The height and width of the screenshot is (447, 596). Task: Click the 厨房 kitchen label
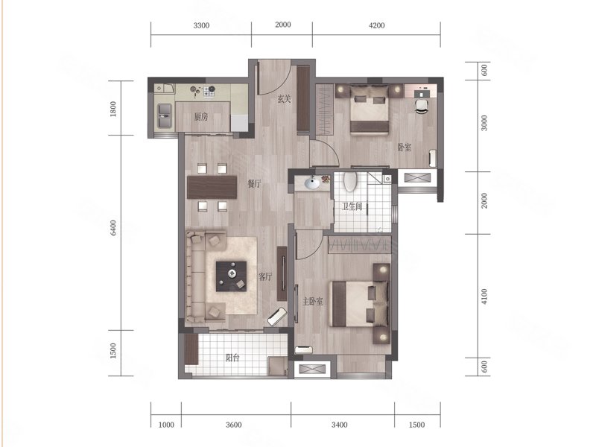[201, 117]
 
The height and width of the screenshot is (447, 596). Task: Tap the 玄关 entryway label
[284, 99]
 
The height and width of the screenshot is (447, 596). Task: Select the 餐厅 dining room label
[255, 184]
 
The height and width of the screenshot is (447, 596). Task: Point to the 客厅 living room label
[265, 276]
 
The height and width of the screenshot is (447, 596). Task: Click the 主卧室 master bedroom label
[312, 302]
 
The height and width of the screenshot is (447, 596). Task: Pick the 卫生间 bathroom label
[352, 206]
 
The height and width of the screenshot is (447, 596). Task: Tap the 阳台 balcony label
[232, 358]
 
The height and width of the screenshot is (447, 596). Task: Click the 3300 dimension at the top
[201, 25]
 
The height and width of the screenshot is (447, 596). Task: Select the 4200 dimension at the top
[376, 25]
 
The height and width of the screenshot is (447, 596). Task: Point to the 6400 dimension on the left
[113, 228]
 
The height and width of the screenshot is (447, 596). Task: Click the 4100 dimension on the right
[484, 296]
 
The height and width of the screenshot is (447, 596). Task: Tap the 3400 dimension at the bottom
[339, 425]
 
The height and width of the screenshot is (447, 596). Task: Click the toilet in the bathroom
[350, 181]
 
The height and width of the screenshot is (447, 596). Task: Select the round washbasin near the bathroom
[312, 183]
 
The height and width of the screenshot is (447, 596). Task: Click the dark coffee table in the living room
[231, 276]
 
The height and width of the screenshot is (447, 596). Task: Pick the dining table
[212, 187]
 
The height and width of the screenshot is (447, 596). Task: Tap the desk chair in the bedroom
[421, 106]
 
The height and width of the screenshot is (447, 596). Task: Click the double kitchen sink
[165, 115]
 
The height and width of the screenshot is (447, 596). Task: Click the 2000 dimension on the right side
[484, 200]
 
